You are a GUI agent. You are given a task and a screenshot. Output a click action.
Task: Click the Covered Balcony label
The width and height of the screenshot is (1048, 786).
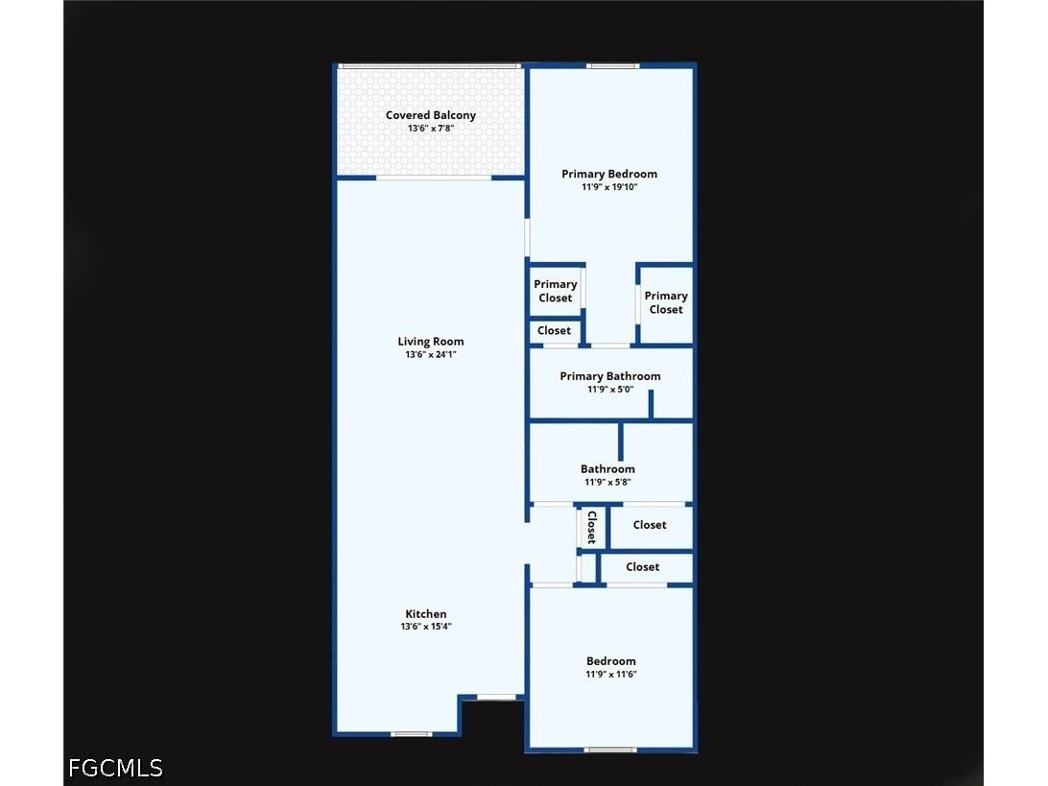pyautogui.click(x=430, y=115)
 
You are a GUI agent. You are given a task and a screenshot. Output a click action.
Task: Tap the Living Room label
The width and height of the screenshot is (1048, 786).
pyautogui.click(x=430, y=342)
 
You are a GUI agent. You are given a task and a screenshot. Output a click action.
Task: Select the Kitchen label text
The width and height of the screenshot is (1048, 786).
pyautogui.click(x=426, y=613)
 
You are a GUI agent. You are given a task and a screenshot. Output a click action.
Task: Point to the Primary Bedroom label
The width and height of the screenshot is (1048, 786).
pyautogui.click(x=608, y=174)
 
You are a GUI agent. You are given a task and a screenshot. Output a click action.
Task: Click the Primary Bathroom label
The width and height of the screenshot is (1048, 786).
pyautogui.click(x=610, y=376)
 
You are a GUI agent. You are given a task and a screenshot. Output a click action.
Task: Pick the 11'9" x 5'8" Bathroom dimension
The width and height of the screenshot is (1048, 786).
pyautogui.click(x=607, y=482)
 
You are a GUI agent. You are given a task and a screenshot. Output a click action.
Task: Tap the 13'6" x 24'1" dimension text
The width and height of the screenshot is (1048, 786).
pyautogui.click(x=430, y=354)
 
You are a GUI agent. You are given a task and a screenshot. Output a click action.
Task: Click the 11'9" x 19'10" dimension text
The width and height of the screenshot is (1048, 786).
pyautogui.click(x=608, y=187)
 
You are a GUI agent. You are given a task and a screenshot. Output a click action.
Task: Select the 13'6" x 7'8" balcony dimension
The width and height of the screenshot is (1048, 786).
pyautogui.click(x=430, y=129)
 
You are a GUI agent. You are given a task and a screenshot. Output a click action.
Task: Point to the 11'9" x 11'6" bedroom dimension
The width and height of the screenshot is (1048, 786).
pyautogui.click(x=611, y=674)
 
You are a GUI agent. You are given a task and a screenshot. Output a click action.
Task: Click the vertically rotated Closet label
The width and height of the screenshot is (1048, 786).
pyautogui.click(x=591, y=527)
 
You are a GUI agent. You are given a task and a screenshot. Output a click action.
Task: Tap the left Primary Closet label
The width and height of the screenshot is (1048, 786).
pyautogui.click(x=555, y=291)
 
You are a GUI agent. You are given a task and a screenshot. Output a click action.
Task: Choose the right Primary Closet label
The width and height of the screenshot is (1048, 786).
pyautogui.click(x=666, y=302)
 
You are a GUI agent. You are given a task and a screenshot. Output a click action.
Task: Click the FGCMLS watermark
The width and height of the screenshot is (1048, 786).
pyautogui.click(x=115, y=768)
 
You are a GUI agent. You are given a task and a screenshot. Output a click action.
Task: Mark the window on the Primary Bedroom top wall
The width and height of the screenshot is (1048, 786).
pyautogui.click(x=613, y=65)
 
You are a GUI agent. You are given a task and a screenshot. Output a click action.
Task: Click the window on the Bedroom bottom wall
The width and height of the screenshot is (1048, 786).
pyautogui.click(x=609, y=750)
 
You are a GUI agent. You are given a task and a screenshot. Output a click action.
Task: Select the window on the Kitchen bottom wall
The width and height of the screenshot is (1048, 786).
pyautogui.click(x=411, y=734)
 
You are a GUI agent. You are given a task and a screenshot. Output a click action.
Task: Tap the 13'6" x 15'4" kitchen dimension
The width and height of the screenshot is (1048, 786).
pyautogui.click(x=426, y=627)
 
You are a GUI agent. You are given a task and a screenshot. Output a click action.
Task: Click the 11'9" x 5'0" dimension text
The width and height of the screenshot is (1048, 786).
pyautogui.click(x=610, y=389)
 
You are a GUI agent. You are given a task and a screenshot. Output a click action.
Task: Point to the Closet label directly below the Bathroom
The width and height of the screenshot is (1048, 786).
pyautogui.click(x=649, y=525)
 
